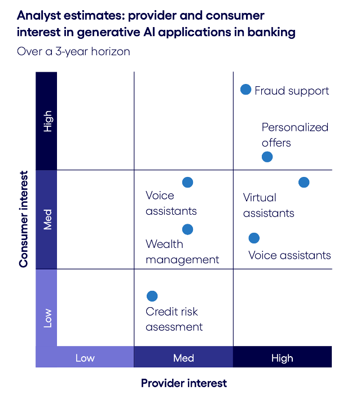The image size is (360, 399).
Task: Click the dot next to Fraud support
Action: click(245, 90)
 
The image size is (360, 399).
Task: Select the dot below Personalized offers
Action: click(267, 157)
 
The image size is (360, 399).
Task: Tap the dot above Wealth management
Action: click(187, 229)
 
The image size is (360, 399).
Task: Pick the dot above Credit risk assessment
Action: click(152, 296)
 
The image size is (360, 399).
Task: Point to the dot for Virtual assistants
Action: click(304, 182)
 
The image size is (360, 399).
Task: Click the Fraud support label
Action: click(292, 91)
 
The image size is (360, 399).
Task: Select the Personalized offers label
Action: click(295, 135)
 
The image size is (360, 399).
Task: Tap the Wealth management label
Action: click(182, 252)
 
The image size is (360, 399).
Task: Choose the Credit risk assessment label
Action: click(174, 319)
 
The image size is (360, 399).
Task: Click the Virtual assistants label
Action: click(269, 205)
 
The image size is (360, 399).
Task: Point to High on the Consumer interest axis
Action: click(47, 121)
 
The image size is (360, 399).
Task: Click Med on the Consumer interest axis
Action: click(47, 219)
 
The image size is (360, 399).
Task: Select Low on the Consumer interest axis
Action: click(47, 318)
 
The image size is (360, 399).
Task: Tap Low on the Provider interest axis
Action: click(85, 358)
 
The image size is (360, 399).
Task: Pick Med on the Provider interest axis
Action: click(183, 358)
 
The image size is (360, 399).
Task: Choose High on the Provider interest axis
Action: click(282, 358)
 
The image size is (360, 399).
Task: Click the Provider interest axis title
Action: click(184, 383)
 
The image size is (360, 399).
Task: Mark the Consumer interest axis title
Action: click(24, 219)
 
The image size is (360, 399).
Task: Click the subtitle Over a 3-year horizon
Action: click(73, 51)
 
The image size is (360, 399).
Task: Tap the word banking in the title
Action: click(271, 32)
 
